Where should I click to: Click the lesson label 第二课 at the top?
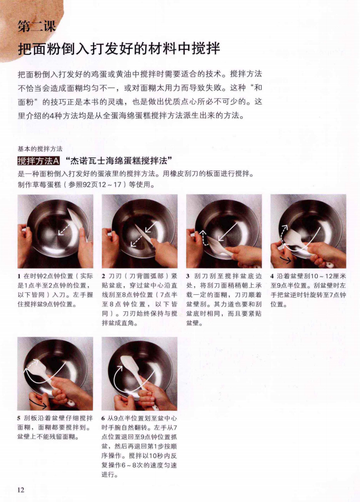point(36,27)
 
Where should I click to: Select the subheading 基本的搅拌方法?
point(40,148)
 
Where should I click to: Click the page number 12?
point(21,489)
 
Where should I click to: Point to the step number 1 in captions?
point(19,276)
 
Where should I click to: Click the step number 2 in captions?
point(104,276)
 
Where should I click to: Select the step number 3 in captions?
point(188,276)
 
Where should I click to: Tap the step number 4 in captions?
point(272,276)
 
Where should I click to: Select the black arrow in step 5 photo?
point(38,401)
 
